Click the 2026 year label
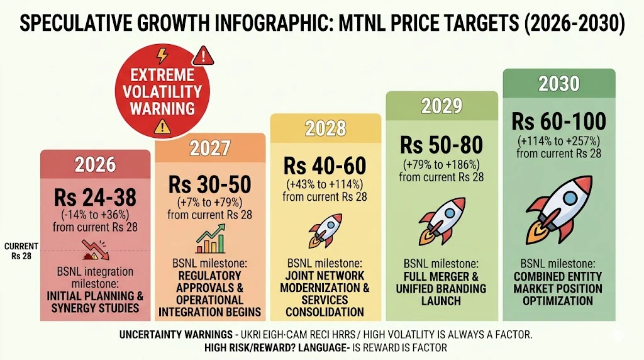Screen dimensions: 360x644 point(96,164)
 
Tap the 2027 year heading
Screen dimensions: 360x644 point(209,149)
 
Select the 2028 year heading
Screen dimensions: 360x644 point(326,128)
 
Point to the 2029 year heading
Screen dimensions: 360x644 point(441,106)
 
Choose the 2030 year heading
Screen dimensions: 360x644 point(559,83)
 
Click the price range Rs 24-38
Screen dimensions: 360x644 point(96,198)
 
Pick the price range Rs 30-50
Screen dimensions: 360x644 point(209,184)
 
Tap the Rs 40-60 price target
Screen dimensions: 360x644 point(325,166)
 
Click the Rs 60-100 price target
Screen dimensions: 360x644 point(559,121)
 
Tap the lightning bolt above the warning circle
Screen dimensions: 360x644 point(162,54)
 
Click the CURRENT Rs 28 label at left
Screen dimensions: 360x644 point(21,250)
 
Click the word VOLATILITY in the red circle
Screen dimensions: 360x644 point(162,91)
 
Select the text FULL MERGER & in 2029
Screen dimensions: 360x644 point(441,277)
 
